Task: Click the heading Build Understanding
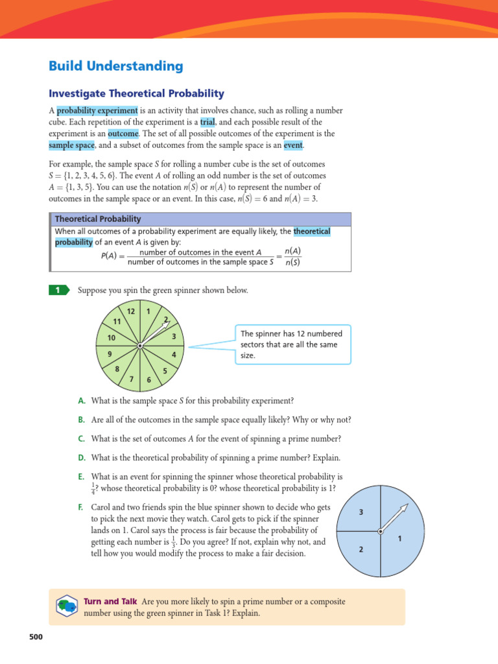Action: pos(116,66)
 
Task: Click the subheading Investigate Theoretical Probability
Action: pos(137,93)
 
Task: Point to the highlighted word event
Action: pos(293,145)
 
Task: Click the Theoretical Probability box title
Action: pos(97,219)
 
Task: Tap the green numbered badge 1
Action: pos(58,290)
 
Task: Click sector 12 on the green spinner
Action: pos(130,313)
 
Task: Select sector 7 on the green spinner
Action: pos(131,379)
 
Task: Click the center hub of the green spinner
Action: pos(140,347)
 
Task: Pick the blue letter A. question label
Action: pos(82,401)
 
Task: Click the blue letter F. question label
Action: pos(82,506)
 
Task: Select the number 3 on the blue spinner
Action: pos(361,512)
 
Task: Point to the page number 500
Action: pos(36,637)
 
